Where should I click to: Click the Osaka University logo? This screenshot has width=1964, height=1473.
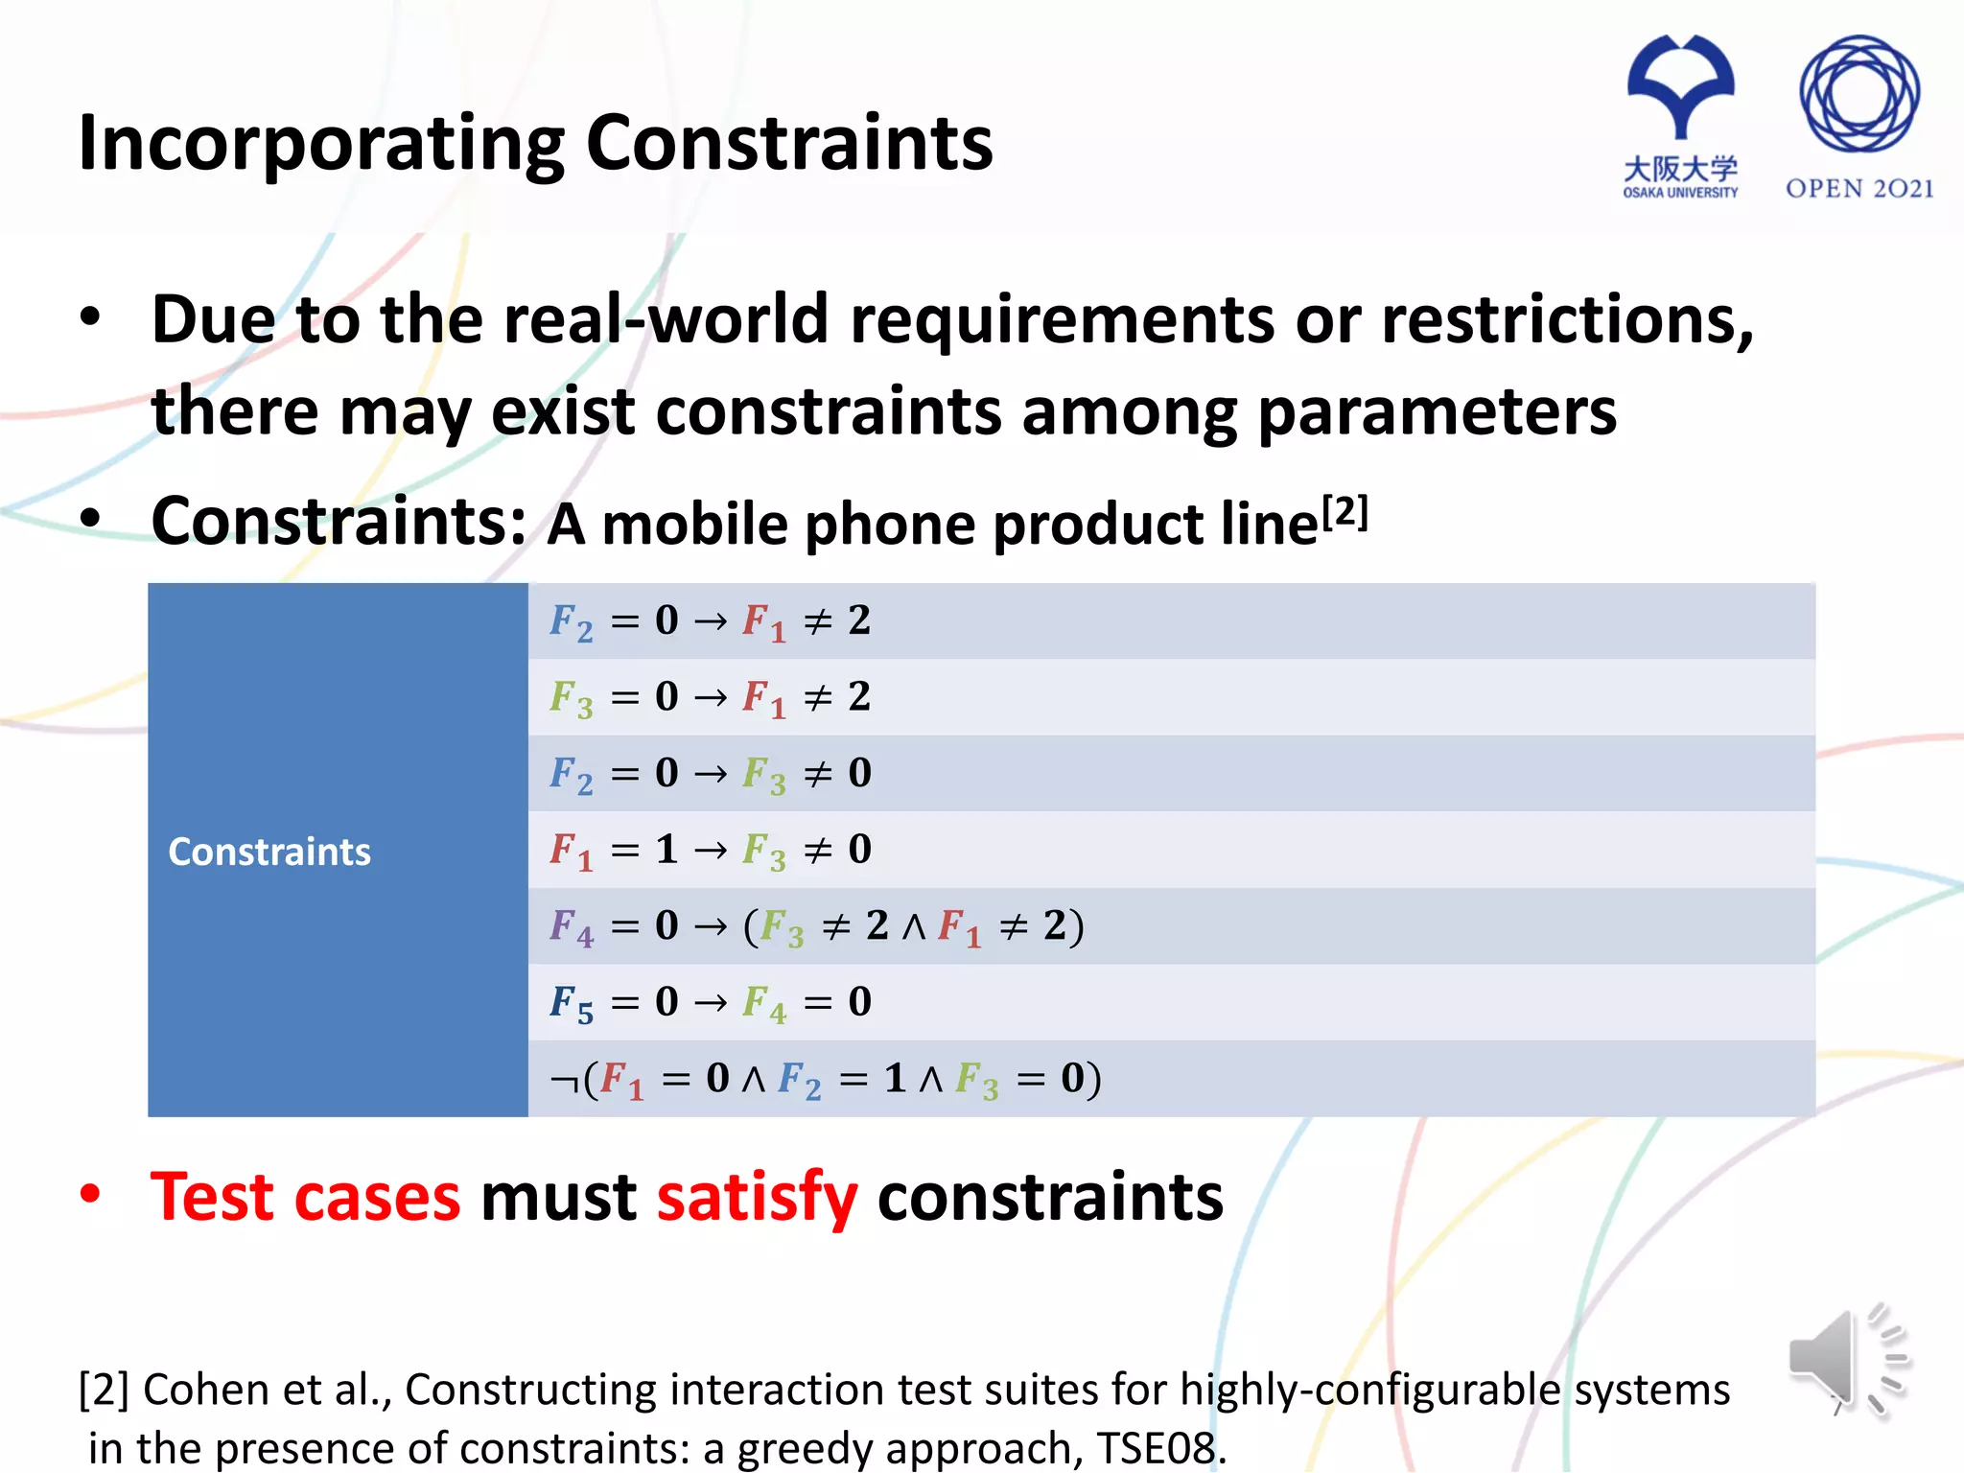pyautogui.click(x=1680, y=115)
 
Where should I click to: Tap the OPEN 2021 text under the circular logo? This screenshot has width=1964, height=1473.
pyautogui.click(x=1859, y=189)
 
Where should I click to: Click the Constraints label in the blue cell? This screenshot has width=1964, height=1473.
pyautogui.click(x=269, y=852)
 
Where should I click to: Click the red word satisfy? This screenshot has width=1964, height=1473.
pyautogui.click(x=757, y=1198)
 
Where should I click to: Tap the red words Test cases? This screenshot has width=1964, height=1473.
pyautogui.click(x=306, y=1198)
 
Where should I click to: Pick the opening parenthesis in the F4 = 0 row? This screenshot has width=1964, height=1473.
pyautogui.click(x=750, y=926)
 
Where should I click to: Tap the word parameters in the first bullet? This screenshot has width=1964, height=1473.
pyautogui.click(x=1437, y=412)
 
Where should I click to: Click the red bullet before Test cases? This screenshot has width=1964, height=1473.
pyautogui.click(x=90, y=1194)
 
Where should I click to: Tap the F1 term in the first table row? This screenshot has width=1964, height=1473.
pyautogui.click(x=763, y=622)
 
